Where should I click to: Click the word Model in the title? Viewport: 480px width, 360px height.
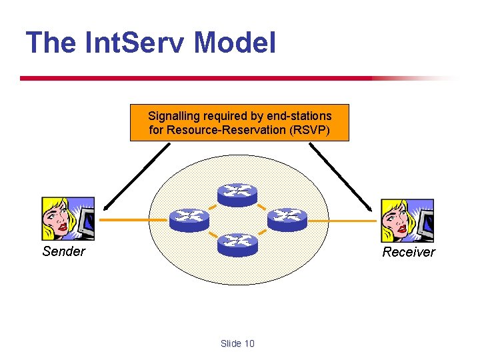pos(235,43)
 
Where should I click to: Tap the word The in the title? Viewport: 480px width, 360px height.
pos(51,43)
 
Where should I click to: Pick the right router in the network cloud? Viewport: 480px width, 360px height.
pos(287,219)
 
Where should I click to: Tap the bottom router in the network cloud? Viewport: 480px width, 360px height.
pos(237,245)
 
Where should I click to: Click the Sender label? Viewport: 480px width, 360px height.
pos(63,251)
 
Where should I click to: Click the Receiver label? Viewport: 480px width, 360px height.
pos(408,252)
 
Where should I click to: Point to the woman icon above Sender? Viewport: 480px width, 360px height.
pos(68,219)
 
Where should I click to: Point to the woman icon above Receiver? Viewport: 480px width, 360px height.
pos(407,220)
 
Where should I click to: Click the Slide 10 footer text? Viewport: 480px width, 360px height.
pos(237,343)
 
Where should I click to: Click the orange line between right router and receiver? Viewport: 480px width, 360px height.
pos(343,220)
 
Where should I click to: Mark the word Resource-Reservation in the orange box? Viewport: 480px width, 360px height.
pos(227,130)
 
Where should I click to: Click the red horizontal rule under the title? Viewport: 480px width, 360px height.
pos(200,78)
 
